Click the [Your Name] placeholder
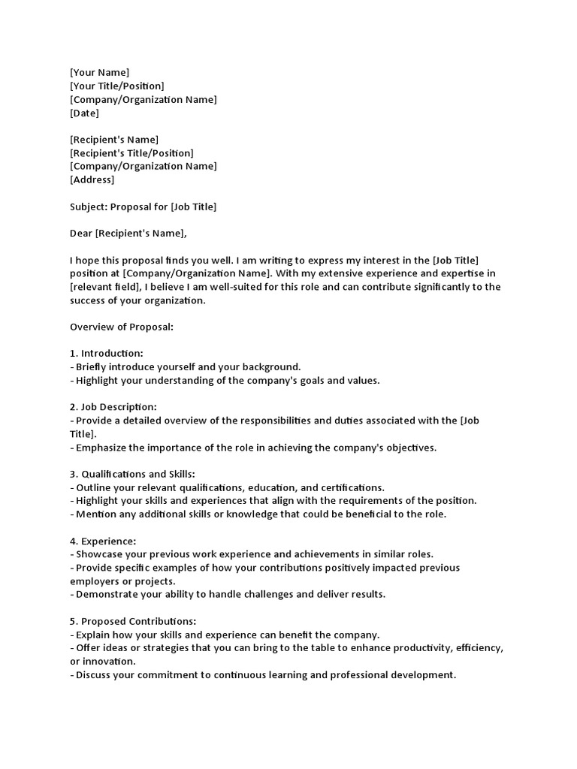tap(99, 73)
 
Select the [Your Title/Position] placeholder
tap(116, 86)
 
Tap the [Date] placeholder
tap(84, 113)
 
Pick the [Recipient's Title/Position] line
tap(131, 153)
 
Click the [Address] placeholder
tap(92, 180)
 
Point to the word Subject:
tap(89, 207)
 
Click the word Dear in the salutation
tap(81, 234)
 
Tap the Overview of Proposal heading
tap(122, 327)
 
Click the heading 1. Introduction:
tap(106, 354)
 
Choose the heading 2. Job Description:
tap(113, 407)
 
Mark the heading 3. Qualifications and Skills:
tap(132, 475)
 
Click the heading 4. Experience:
tap(103, 541)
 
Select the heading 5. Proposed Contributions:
tap(132, 621)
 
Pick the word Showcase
tap(98, 554)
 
